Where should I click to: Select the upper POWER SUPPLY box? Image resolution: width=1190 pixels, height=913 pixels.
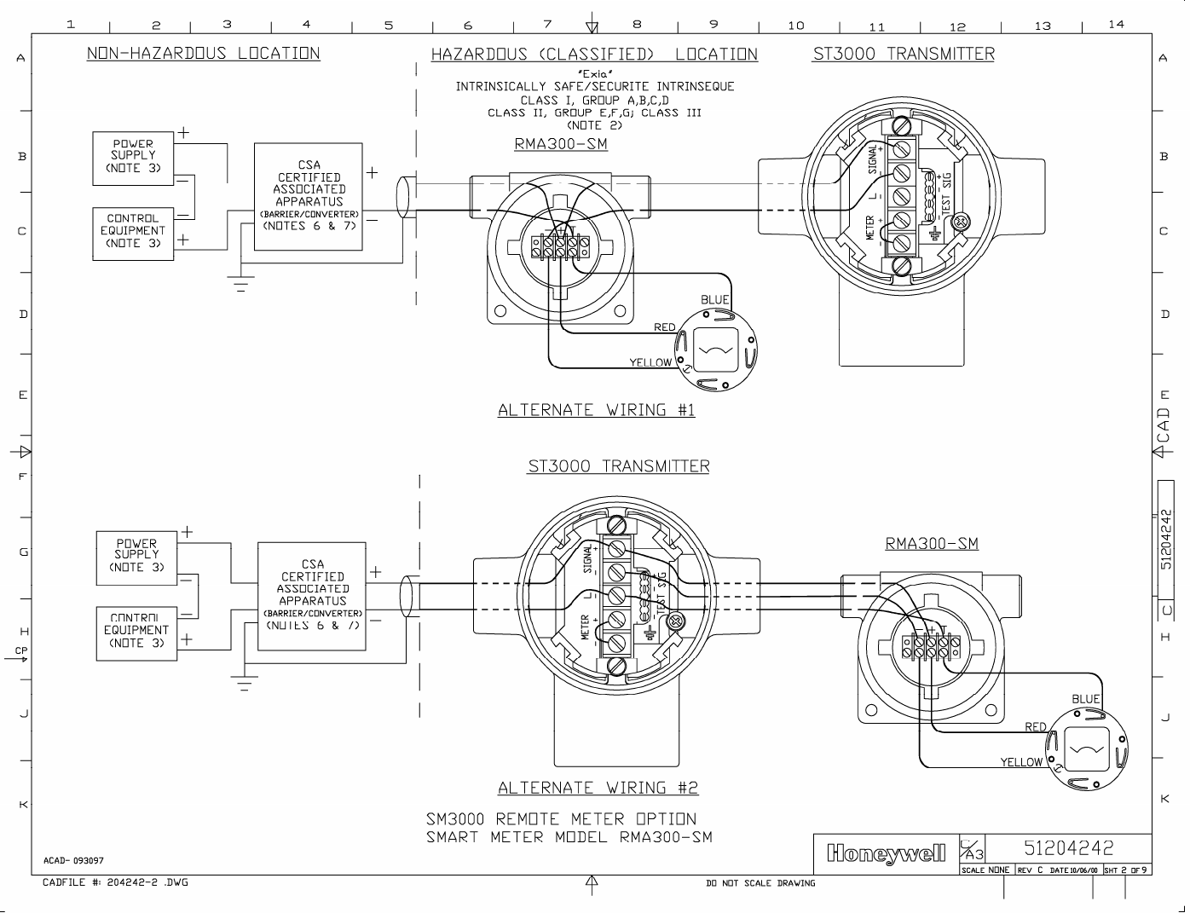click(133, 157)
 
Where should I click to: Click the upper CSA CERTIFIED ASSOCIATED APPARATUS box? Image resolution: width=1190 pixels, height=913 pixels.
click(309, 196)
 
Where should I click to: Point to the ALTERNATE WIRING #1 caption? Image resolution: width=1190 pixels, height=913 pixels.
click(596, 410)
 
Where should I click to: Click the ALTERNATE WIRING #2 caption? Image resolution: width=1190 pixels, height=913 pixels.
click(598, 789)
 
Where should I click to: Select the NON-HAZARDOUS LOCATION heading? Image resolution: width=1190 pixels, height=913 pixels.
click(203, 54)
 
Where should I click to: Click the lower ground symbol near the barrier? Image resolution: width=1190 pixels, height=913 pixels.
click(245, 682)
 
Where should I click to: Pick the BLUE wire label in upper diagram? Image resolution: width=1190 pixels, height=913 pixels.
click(714, 299)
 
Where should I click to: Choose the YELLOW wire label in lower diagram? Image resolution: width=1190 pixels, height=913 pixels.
click(1020, 762)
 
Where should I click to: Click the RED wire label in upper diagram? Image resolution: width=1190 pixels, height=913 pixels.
click(664, 327)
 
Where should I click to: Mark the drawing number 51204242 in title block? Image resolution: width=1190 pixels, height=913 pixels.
click(1068, 848)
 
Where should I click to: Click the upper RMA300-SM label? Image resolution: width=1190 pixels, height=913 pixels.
click(561, 144)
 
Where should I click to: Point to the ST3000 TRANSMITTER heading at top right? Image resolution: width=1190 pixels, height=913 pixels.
click(903, 55)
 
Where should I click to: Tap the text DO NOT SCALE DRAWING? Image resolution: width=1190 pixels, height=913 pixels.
click(760, 883)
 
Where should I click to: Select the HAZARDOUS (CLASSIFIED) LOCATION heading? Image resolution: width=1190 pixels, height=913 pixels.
click(594, 55)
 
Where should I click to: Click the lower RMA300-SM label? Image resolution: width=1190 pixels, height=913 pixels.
click(932, 543)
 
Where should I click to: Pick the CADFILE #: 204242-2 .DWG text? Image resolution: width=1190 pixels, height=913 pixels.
click(115, 882)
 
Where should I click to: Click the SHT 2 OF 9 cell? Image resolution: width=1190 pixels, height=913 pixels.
click(1126, 870)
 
